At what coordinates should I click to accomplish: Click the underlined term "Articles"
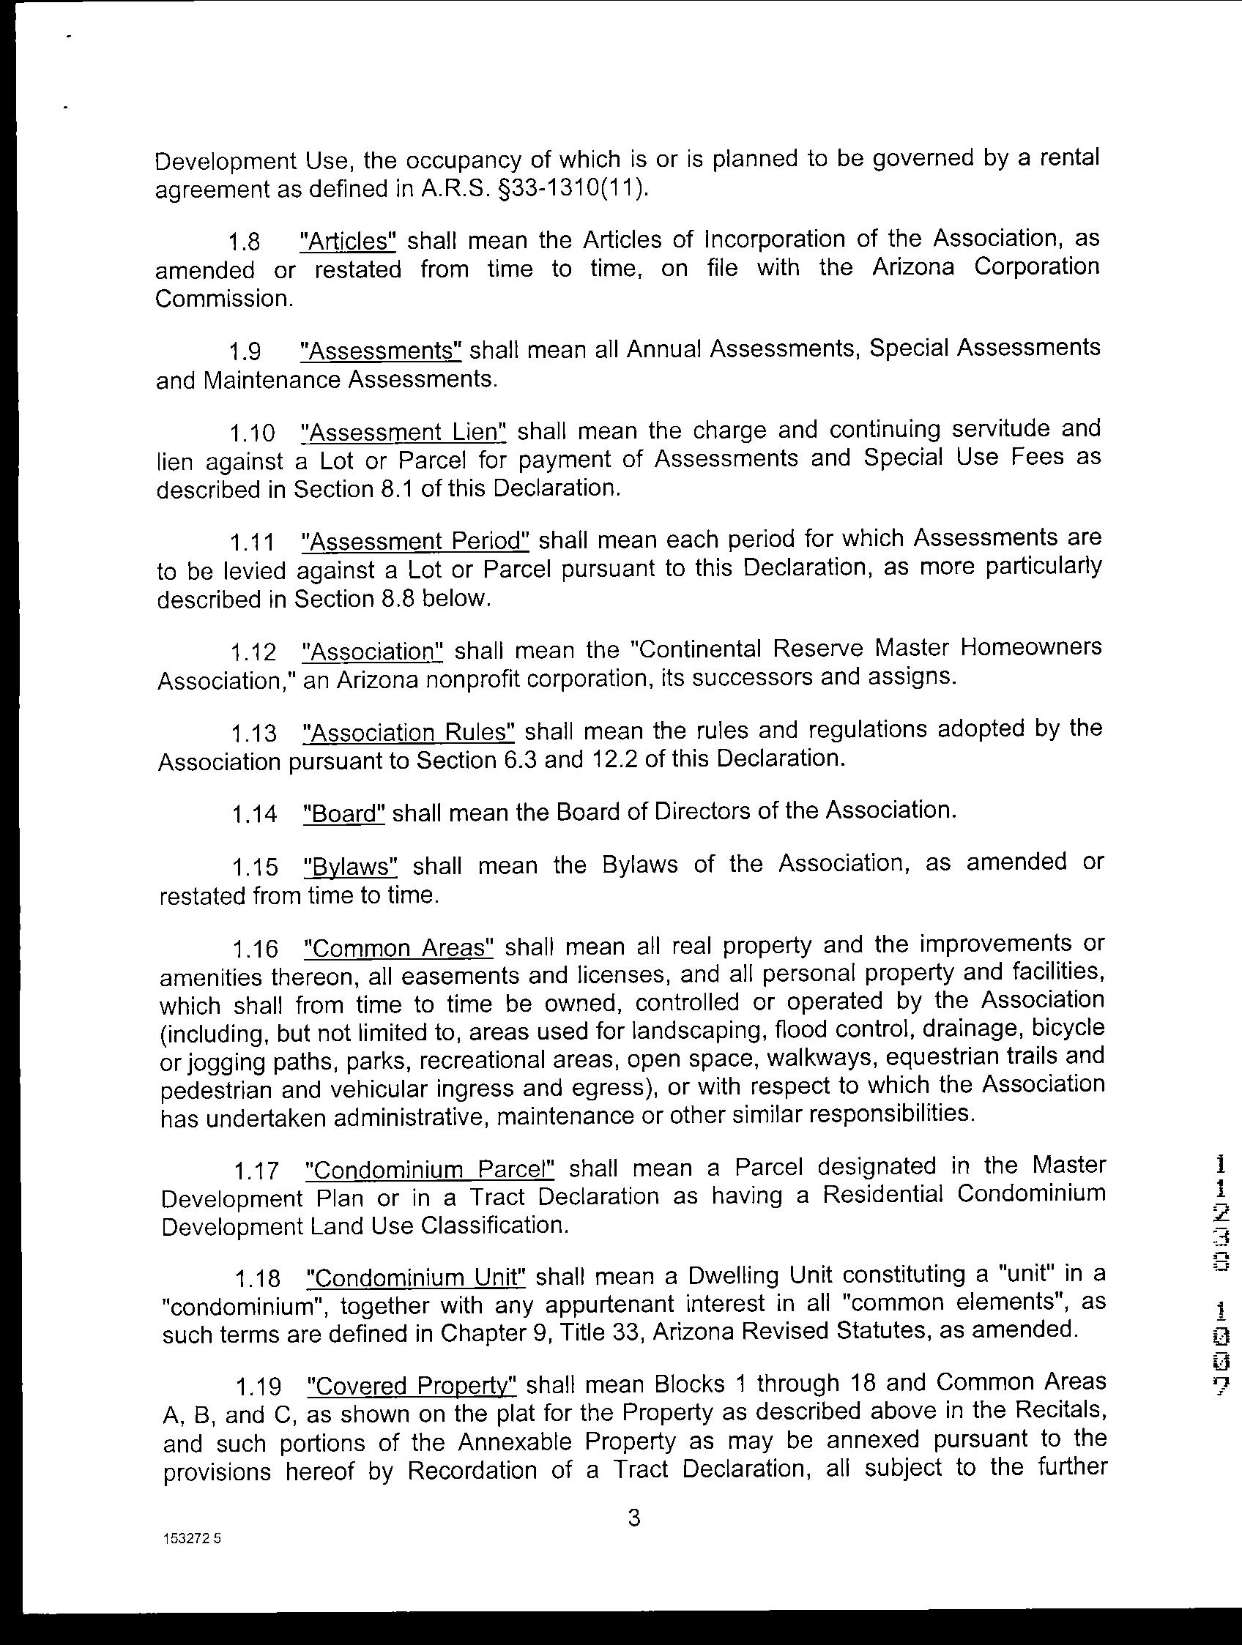tap(347, 241)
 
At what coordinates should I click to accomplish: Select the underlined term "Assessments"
tap(381, 349)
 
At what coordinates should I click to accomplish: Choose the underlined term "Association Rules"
tap(409, 733)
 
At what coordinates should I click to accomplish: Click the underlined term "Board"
tap(344, 813)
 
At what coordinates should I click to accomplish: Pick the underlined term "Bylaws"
tap(352, 867)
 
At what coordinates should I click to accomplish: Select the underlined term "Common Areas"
tap(399, 948)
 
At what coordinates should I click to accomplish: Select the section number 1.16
tap(255, 950)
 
